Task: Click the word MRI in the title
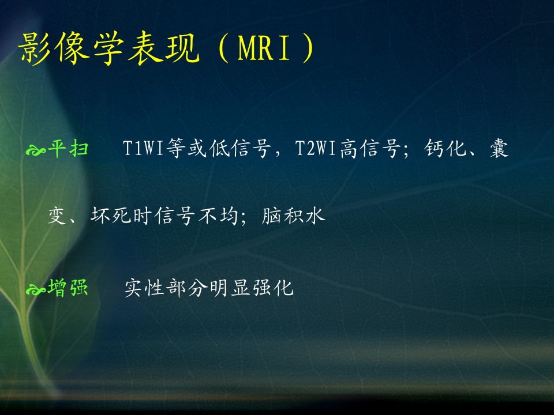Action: (x=264, y=47)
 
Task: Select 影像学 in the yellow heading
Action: (x=71, y=48)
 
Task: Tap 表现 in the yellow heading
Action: (x=163, y=48)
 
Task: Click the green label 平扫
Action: (x=68, y=148)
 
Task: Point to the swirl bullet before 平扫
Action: (x=36, y=150)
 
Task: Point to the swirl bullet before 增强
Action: (x=36, y=290)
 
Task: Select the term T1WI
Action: (x=143, y=148)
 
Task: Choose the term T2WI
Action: (x=316, y=148)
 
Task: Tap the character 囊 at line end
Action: (x=499, y=148)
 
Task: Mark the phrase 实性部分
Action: (x=166, y=288)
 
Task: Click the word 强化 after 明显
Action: (x=272, y=288)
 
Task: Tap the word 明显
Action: (x=230, y=288)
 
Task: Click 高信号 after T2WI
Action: (x=370, y=148)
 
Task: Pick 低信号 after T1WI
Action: (x=240, y=148)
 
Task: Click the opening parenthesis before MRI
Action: (x=224, y=48)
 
